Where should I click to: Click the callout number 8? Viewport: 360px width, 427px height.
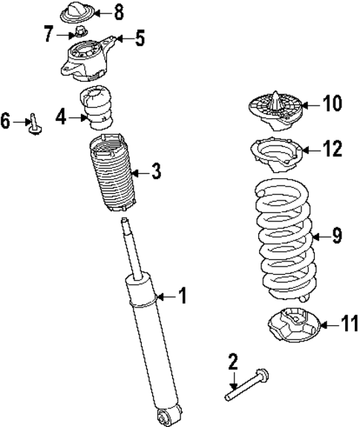[119, 13]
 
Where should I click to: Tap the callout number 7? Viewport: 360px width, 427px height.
[48, 33]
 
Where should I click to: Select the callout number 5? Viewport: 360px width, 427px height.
[140, 38]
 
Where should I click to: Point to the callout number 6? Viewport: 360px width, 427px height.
[7, 120]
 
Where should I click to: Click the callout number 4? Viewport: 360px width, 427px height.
[62, 115]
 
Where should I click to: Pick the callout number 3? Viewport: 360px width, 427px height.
[155, 172]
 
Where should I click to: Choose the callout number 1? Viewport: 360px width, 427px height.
[183, 296]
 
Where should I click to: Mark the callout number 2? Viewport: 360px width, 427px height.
[232, 362]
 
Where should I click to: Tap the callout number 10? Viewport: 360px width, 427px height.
[333, 103]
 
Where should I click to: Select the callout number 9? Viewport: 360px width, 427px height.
[336, 236]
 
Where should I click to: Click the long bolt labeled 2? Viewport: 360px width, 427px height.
[245, 388]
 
